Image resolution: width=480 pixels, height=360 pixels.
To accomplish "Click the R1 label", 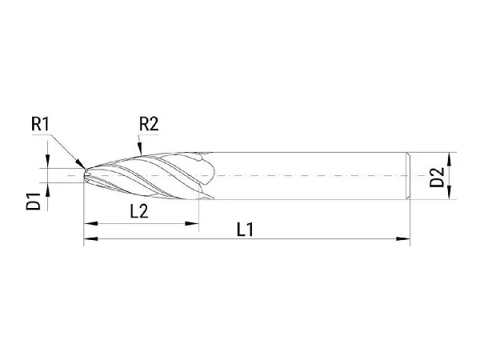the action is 40,124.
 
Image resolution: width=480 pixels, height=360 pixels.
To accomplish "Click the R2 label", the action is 149,124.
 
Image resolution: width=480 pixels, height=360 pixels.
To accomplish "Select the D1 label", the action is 34,201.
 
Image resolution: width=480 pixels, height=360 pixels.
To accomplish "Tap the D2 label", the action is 437,177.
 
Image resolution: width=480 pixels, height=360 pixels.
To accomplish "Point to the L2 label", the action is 139,211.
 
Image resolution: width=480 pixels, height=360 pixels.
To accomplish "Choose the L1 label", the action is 246,230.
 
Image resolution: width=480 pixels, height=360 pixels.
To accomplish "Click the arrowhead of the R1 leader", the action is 81,164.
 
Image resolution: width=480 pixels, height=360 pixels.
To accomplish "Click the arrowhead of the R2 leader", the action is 140,149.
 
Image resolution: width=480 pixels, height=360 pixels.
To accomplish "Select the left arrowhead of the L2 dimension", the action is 90,223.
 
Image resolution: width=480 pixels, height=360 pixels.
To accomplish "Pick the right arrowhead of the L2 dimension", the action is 192,223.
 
